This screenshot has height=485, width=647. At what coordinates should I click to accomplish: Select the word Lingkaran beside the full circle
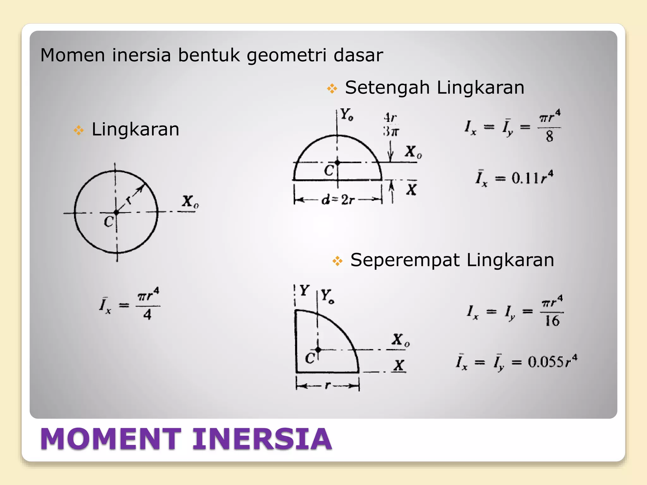pos(135,129)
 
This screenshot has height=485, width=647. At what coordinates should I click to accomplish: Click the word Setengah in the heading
pos(387,87)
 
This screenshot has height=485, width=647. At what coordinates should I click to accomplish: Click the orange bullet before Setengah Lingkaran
pos(332,88)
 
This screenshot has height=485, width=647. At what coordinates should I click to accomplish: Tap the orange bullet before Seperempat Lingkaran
pos(337,261)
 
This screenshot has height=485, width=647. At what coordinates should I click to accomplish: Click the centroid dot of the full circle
pos(116,213)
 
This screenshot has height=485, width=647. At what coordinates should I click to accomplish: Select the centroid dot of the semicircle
pos(337,163)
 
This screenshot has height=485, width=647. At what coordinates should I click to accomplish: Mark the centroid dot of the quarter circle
pos(318,350)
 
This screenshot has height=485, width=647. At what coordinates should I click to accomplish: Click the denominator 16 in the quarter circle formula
pos(552,321)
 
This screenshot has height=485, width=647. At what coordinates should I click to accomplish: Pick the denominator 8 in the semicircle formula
pos(550,136)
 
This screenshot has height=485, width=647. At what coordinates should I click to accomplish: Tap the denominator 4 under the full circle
pos(148,314)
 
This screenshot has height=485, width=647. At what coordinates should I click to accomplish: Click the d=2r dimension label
pos(338,200)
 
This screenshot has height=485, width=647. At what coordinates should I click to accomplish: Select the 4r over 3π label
pos(391,125)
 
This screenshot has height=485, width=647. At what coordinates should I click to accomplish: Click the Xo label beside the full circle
pos(190,202)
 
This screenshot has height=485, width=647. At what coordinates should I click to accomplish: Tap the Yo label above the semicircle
pos(347,114)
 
